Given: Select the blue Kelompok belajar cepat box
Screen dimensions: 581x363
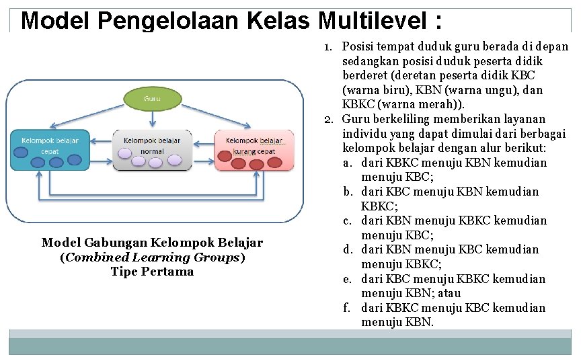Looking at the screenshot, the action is click(50, 149).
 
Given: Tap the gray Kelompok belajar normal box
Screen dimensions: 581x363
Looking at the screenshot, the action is click(152, 149).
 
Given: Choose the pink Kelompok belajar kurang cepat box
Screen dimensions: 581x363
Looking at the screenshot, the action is click(254, 149).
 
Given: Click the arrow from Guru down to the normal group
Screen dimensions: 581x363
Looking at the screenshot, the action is click(153, 119).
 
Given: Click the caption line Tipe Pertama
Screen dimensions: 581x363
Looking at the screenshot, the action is click(152, 272).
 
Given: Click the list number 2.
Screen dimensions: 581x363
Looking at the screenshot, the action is click(329, 120).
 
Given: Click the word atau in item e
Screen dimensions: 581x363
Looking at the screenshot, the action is click(449, 293).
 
